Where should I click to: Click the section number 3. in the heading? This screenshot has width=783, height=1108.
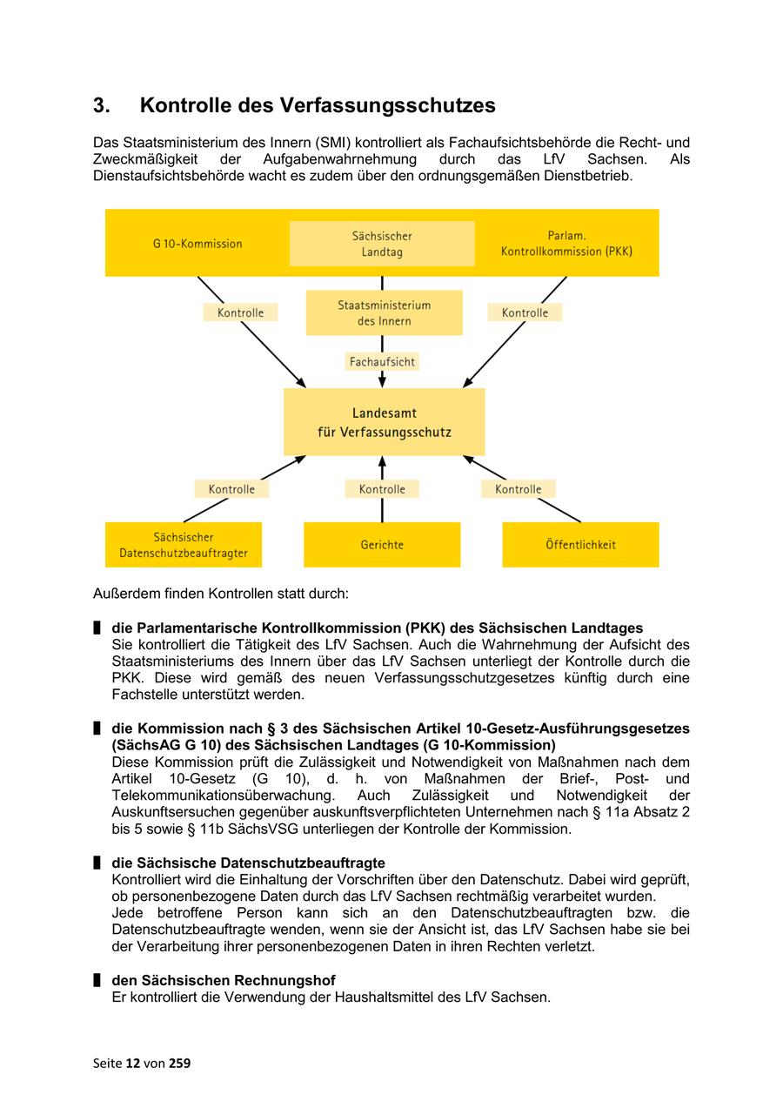(102, 106)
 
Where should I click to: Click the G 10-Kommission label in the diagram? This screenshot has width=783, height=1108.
(197, 244)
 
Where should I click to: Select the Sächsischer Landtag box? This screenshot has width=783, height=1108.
(382, 244)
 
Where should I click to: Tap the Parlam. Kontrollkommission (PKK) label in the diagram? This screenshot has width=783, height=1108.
(566, 244)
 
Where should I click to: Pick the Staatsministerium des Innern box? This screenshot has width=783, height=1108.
(384, 313)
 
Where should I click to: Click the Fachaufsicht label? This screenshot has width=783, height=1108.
(382, 361)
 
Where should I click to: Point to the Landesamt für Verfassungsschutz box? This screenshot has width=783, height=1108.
(384, 422)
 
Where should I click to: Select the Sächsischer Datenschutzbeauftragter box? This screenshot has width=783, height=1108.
(184, 545)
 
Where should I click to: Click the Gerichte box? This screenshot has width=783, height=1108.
(382, 545)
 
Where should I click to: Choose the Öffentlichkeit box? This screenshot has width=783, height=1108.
(580, 545)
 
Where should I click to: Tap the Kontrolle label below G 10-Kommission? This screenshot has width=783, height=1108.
(240, 312)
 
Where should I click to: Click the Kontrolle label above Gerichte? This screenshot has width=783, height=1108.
(382, 489)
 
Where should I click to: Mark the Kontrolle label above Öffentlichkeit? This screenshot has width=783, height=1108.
(519, 489)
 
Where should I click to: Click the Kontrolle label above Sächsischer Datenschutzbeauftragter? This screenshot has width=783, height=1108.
(231, 489)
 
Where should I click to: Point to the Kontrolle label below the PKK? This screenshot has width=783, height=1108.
(525, 312)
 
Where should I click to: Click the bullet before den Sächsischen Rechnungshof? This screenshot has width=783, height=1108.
(97, 980)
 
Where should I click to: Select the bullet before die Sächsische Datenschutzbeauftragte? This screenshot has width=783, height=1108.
(97, 863)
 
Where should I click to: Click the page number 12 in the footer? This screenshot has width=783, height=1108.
(132, 1063)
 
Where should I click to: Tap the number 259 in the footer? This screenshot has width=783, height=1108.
(180, 1063)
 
